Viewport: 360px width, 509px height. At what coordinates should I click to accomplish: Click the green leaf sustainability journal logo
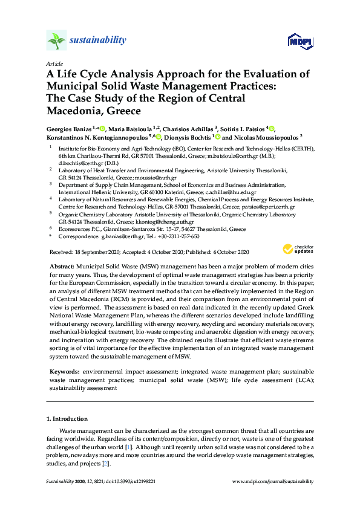pyautogui.click(x=56, y=41)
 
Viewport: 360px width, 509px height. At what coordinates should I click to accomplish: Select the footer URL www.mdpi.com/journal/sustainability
pyautogui.click(x=273, y=481)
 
